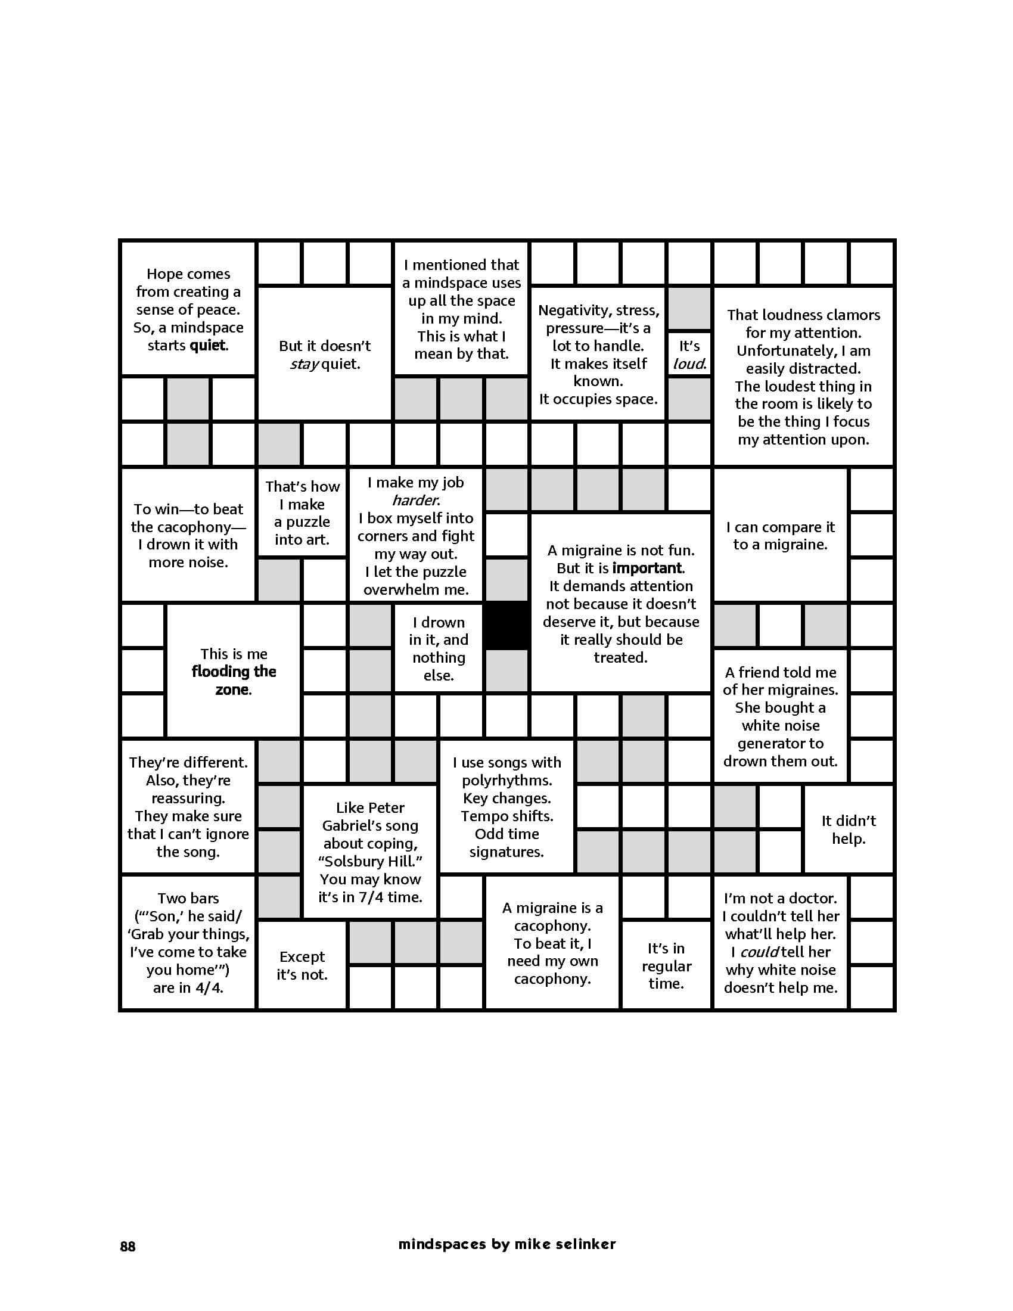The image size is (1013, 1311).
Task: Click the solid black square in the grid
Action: [x=506, y=626]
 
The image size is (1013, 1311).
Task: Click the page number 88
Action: [x=128, y=1246]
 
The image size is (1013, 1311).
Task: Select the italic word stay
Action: [x=304, y=364]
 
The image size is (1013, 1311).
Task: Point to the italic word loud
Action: [x=689, y=364]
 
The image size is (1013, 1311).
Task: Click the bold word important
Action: [x=648, y=568]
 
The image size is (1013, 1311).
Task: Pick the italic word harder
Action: [x=415, y=500]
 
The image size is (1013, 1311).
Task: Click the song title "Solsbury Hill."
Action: [x=370, y=862]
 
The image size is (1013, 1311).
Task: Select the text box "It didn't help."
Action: [x=848, y=829]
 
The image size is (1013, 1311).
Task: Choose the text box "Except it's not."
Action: [x=302, y=965]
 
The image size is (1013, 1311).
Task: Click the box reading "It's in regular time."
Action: [x=666, y=966]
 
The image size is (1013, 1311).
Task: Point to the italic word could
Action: [x=760, y=952]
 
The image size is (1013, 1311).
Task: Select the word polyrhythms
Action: [x=506, y=781]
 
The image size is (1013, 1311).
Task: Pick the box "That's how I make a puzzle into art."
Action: [x=302, y=512]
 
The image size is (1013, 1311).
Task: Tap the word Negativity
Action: [x=566, y=310]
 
